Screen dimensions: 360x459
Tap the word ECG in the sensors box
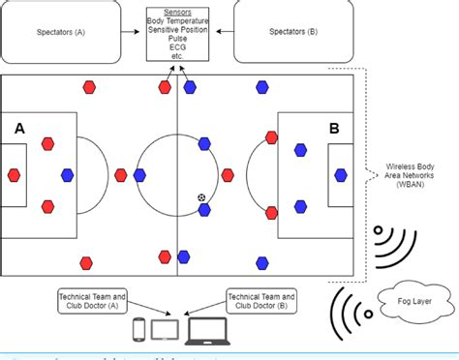[x=177, y=46]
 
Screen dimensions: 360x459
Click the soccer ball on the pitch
[x=201, y=197]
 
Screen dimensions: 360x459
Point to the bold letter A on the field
[x=18, y=128]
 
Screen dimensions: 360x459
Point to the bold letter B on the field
[x=334, y=128]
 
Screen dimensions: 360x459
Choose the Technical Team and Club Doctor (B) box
[x=260, y=300]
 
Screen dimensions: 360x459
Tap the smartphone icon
[x=139, y=331]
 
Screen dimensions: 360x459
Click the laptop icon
[x=206, y=331]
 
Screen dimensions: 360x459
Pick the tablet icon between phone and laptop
[x=167, y=331]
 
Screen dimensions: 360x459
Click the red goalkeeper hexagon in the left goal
[x=14, y=175]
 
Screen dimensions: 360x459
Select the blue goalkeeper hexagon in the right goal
[x=342, y=175]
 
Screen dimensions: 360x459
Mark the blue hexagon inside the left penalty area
[x=67, y=175]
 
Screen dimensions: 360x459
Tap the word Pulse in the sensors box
[x=177, y=38]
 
